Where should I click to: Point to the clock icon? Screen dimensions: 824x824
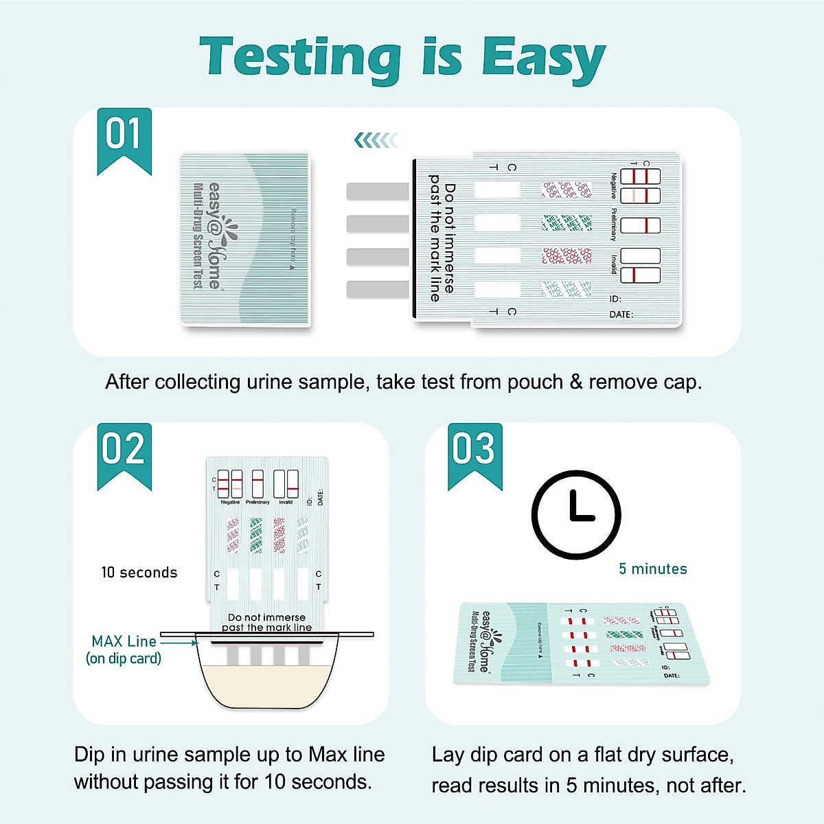(x=576, y=514)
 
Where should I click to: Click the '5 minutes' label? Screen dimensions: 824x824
(x=652, y=569)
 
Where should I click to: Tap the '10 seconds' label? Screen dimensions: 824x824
(x=139, y=573)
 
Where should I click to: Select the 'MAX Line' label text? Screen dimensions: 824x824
(x=124, y=641)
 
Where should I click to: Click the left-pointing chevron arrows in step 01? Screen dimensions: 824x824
(x=376, y=141)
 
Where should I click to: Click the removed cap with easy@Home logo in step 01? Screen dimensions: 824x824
(x=245, y=238)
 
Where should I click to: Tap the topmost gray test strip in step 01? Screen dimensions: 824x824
(x=378, y=191)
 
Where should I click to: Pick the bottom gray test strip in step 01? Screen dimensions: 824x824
(x=378, y=289)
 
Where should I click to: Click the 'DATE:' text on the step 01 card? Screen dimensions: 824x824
(x=621, y=314)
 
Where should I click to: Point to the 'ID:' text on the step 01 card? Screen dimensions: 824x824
(x=615, y=299)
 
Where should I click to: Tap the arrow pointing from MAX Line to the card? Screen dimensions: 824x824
(x=180, y=643)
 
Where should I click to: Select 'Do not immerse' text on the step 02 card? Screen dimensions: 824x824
(x=266, y=617)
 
